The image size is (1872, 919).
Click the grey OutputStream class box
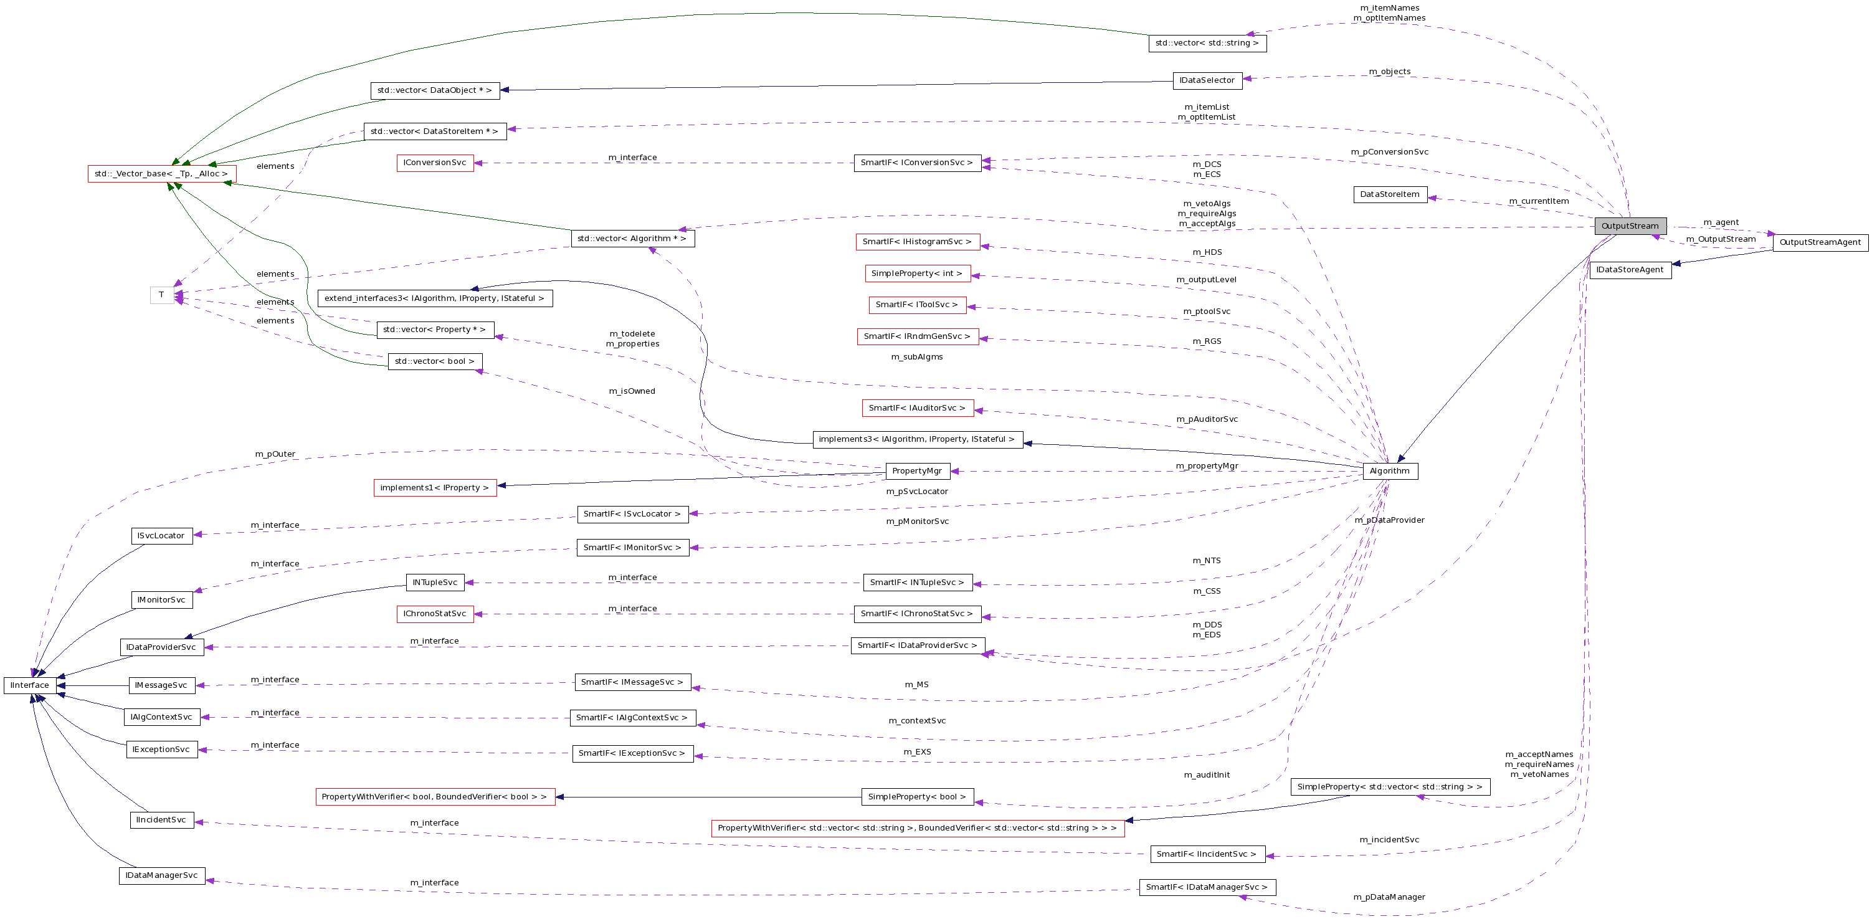[1630, 226]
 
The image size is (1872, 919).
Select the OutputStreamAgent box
[1820, 243]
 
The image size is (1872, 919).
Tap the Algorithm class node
[1389, 471]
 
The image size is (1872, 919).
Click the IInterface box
[30, 685]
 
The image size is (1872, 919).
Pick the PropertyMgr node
[917, 471]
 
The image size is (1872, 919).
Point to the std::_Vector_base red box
[161, 174]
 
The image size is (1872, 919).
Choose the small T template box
[161, 295]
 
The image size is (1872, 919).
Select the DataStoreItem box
[1389, 195]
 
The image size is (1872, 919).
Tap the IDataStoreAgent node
[1630, 270]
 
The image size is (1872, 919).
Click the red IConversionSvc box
[435, 163]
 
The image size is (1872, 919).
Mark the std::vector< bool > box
[435, 361]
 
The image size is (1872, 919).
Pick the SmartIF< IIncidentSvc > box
[1206, 854]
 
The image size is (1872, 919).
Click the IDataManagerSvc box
[161, 875]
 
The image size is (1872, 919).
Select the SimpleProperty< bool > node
[917, 797]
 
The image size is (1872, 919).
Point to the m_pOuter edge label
[275, 454]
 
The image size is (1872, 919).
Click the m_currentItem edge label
[1539, 201]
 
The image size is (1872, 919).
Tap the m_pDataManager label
[1389, 897]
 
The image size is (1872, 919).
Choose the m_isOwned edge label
[632, 391]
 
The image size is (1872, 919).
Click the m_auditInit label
[1206, 775]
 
